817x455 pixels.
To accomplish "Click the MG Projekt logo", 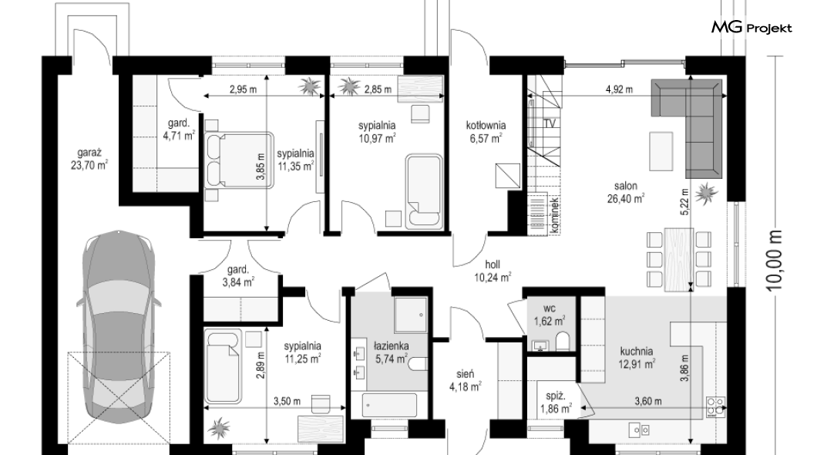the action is tap(751, 28).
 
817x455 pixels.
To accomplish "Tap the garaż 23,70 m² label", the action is tap(89, 159).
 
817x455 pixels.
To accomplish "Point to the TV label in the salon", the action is tap(550, 123).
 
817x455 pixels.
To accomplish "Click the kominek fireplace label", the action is tap(554, 214).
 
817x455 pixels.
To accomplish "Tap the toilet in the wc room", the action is tap(562, 342).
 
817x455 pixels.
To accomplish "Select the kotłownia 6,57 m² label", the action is tap(486, 131).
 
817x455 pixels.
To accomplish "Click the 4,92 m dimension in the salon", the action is tap(619, 89).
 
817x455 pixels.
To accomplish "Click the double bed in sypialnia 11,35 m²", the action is tap(239, 159).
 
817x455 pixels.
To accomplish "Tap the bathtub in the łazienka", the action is tap(390, 406).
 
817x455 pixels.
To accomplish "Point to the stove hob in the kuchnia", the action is tap(716, 406).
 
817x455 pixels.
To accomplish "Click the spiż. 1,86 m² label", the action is tap(556, 403).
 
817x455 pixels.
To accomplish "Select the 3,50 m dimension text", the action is tap(287, 401).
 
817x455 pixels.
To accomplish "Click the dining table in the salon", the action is tap(678, 258).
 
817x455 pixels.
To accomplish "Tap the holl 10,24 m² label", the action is tap(493, 271).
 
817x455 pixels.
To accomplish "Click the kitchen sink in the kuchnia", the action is tap(638, 430).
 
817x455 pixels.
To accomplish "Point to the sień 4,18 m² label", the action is tap(466, 380).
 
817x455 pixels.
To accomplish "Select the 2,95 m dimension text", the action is tap(244, 89).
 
